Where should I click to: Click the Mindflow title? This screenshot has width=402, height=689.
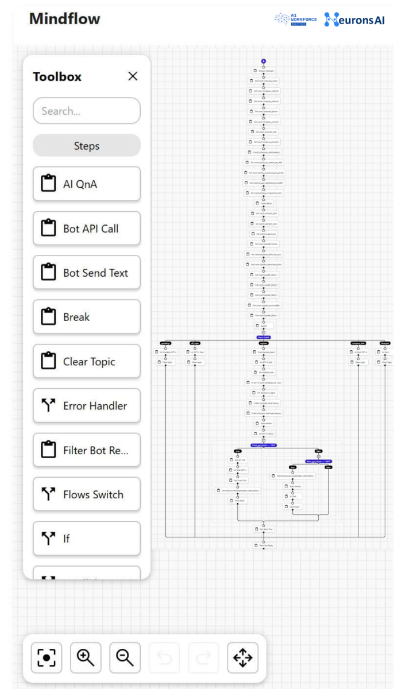coord(64,19)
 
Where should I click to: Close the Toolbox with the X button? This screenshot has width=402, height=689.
coord(133,76)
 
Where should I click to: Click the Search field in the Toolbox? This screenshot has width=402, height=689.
coord(87,111)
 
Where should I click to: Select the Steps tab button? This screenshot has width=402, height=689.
coord(87,146)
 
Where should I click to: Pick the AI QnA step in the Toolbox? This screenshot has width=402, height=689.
coord(87,184)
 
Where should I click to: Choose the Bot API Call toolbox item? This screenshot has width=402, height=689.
coord(87,228)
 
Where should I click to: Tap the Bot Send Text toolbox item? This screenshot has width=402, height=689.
coord(87,273)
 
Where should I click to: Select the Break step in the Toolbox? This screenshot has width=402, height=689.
coord(87,317)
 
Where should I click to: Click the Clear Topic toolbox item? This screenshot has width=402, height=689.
coord(87,361)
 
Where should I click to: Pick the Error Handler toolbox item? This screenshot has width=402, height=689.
coord(87,406)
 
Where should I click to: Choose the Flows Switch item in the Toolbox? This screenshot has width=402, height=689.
coord(87,494)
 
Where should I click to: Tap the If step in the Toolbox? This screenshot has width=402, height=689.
coord(87,539)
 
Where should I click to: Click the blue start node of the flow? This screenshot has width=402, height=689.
coord(263,61)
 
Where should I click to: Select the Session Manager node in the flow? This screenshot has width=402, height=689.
coord(263,71)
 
